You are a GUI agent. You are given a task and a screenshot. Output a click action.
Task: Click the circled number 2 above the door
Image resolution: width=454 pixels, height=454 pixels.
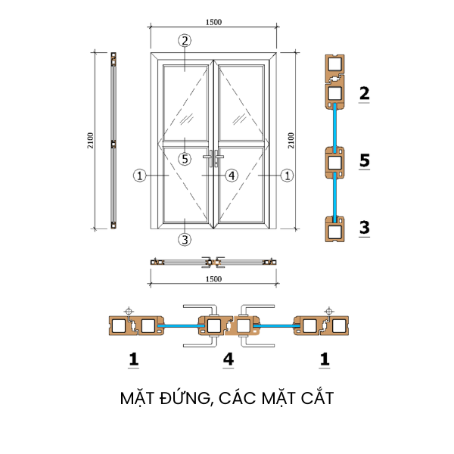tap(184, 40)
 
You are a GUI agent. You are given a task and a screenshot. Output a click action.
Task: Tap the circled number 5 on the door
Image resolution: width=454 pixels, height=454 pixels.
tap(184, 159)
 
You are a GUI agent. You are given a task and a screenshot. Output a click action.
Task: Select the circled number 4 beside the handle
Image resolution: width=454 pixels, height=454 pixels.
tap(232, 176)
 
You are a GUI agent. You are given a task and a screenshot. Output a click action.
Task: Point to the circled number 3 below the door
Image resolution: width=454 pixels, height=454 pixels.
tap(184, 240)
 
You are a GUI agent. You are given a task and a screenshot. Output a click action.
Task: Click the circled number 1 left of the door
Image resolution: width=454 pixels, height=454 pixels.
tap(139, 176)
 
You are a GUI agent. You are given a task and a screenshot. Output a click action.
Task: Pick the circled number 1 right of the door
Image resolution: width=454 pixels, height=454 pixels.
tap(287, 176)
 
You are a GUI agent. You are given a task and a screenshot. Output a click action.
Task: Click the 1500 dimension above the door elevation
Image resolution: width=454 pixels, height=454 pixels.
tap(213, 22)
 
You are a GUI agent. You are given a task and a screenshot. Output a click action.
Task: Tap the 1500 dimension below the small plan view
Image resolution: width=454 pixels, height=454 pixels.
tap(213, 279)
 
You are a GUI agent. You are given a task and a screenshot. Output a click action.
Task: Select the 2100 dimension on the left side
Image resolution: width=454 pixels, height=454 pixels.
tap(90, 141)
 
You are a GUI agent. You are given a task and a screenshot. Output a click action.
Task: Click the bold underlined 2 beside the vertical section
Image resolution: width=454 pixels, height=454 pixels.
tap(364, 94)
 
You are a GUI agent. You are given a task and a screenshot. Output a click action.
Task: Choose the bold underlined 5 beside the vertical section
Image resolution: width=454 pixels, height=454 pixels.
tap(364, 160)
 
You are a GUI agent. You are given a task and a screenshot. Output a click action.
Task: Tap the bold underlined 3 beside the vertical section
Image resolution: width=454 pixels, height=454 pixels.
tap(364, 227)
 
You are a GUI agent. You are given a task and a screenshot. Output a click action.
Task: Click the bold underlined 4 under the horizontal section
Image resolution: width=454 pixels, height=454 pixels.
tap(229, 360)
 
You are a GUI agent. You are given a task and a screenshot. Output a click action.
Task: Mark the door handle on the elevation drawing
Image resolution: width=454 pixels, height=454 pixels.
tap(213, 159)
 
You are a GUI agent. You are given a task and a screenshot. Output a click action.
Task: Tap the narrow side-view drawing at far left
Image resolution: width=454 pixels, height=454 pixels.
tap(113, 141)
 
